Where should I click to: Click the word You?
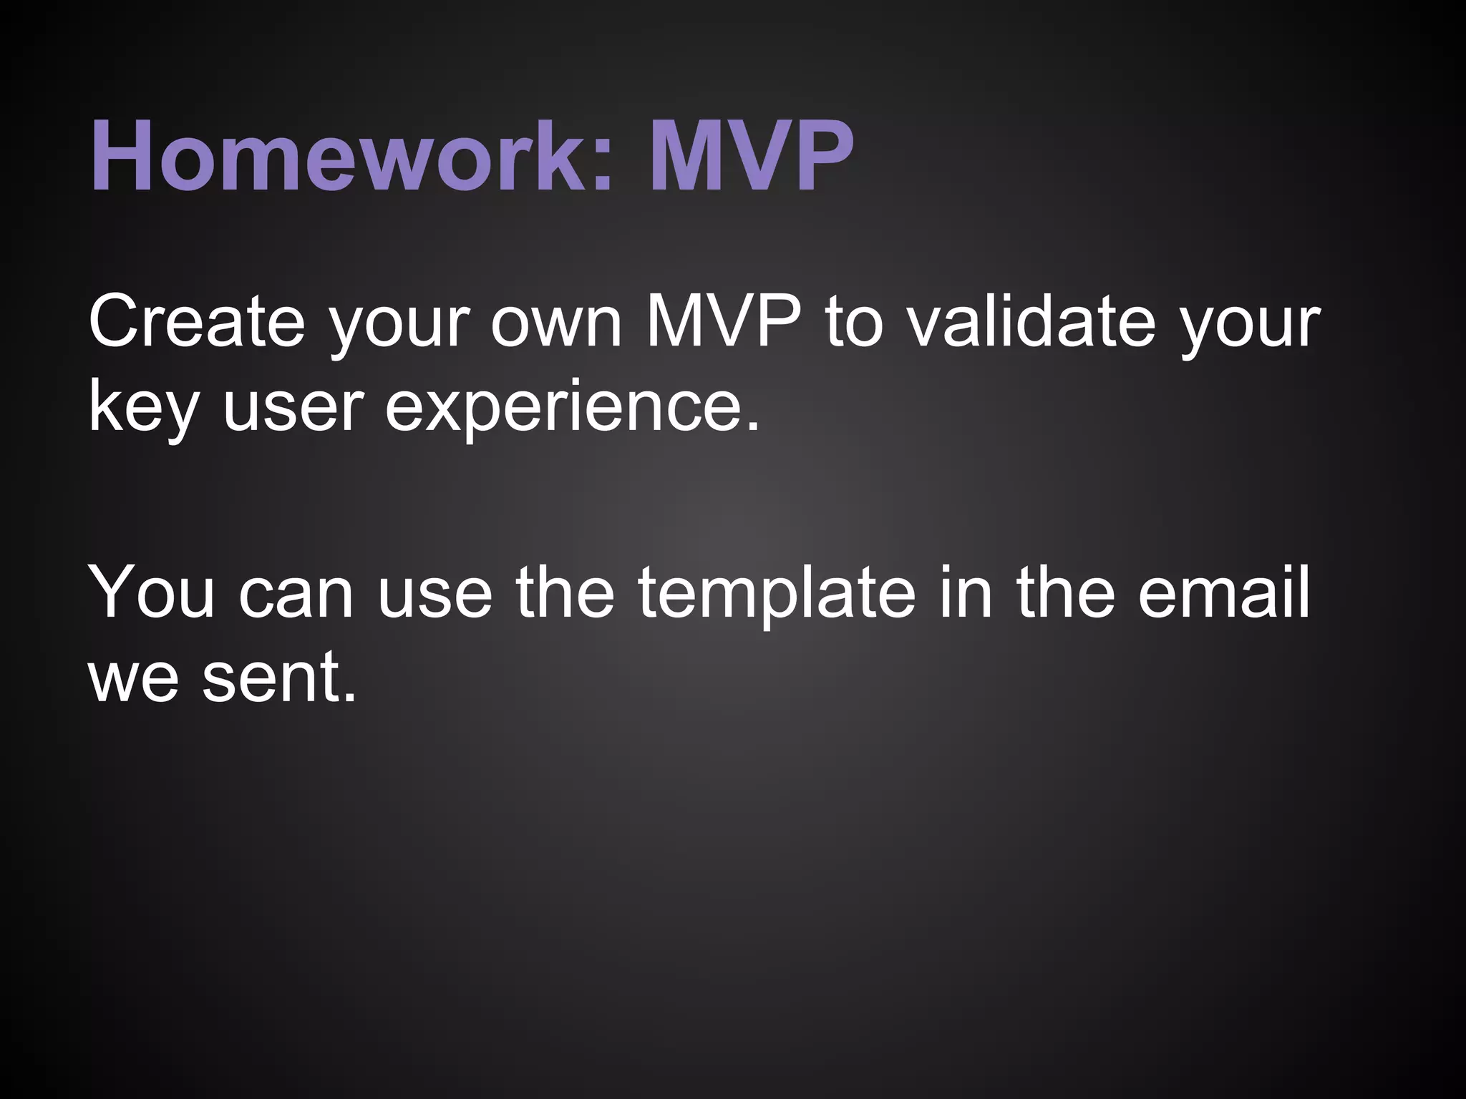(151, 593)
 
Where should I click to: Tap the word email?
(1223, 593)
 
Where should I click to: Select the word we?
(133, 678)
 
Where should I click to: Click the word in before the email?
(965, 593)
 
